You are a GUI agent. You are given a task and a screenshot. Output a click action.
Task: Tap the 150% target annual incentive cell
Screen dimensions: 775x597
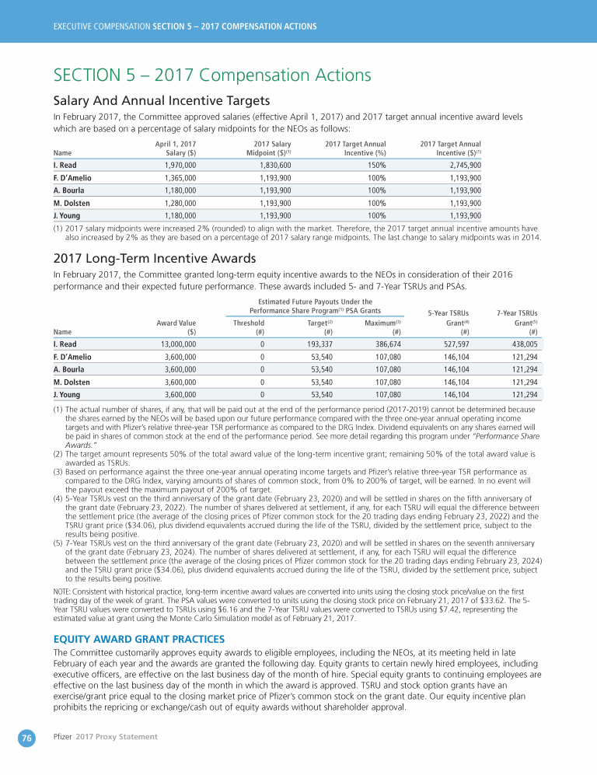coord(377,166)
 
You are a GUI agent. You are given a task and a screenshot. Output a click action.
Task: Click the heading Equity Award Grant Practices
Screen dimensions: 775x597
coord(138,640)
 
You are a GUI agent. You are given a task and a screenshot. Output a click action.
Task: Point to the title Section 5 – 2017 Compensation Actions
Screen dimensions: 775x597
coord(211,75)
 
